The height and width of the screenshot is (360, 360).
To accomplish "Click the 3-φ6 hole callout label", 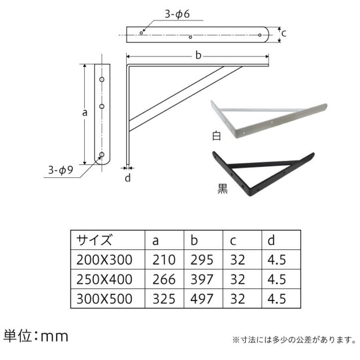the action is pos(177,14).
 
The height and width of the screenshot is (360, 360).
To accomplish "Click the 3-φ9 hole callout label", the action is pos(60,170).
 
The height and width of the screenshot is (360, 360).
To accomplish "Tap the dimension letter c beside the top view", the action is pos(284,34).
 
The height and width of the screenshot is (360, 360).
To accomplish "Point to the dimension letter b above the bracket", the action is pos(198,55).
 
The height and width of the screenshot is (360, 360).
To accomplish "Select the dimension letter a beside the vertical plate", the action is pos(85,112).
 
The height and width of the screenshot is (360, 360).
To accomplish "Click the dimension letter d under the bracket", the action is pos(128,178).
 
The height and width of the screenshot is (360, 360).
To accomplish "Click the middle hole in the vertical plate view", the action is pos(102,106).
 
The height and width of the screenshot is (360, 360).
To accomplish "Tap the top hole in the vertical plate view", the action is pos(102,80).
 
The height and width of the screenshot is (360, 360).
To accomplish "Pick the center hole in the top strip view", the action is pos(190,37).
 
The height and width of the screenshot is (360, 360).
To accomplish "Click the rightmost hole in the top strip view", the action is pos(260,35).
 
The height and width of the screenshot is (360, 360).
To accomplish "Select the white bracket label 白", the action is pos(216,136).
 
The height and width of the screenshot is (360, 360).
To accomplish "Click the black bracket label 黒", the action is pos(222,189).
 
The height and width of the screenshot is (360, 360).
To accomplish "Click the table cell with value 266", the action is pos(164,280).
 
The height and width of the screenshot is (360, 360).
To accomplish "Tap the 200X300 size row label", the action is pos(104,260).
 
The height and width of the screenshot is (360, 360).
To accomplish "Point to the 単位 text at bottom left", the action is pos(17,336).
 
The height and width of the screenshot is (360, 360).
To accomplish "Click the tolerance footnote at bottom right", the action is pos(294,340).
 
